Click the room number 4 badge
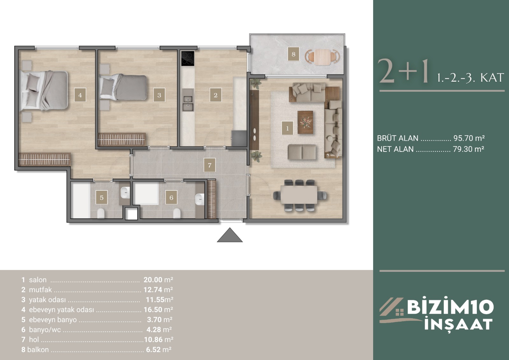80,95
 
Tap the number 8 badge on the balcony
293,54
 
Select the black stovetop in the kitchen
188,58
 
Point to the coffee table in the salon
305,122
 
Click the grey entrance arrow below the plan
230,235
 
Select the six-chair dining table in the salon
299,195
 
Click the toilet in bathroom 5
101,213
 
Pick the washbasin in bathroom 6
199,199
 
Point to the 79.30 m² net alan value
468,149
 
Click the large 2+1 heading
403,71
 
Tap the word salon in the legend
38,279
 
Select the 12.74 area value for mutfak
153,290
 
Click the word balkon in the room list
38,349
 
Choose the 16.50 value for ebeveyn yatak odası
153,309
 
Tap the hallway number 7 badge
210,165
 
